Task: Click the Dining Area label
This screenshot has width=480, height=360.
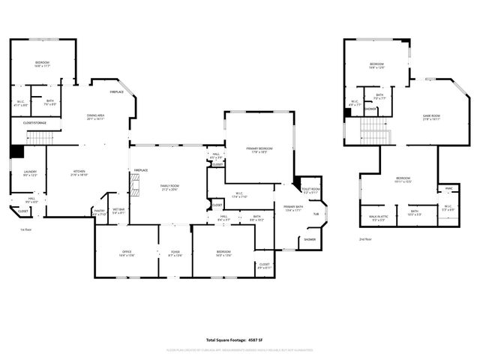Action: pyautogui.click(x=95, y=116)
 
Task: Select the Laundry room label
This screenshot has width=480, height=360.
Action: pyautogui.click(x=30, y=173)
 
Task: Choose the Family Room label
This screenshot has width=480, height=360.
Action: pyautogui.click(x=169, y=187)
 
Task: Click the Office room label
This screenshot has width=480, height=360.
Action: pyautogui.click(x=127, y=253)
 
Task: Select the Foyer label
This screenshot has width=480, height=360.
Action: pyautogui.click(x=175, y=253)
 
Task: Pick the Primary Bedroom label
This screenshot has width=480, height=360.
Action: pyautogui.click(x=259, y=150)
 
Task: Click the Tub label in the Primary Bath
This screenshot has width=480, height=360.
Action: pyautogui.click(x=316, y=214)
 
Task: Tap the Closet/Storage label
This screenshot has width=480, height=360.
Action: pyautogui.click(x=35, y=122)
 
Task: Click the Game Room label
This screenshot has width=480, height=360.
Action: pyautogui.click(x=431, y=116)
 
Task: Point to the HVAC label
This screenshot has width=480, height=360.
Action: pyautogui.click(x=448, y=188)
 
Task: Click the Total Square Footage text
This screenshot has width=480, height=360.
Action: pyautogui.click(x=240, y=340)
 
